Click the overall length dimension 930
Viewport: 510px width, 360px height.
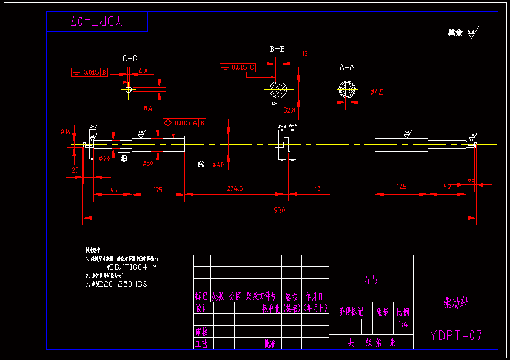279,210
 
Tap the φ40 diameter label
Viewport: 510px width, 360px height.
218,165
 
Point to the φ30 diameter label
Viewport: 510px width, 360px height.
147,164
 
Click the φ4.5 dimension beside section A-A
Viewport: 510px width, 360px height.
377,92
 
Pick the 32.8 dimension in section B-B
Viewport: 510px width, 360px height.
289,110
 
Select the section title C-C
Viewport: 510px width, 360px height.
130,59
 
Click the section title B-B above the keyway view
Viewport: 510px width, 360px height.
278,48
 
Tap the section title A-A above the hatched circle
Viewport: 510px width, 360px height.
347,67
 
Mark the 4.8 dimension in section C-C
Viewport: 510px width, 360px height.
143,72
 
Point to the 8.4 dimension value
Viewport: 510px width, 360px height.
148,109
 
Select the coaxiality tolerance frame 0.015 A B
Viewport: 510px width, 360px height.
184,122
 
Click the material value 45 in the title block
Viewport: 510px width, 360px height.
371,279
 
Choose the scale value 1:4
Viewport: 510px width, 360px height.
403,325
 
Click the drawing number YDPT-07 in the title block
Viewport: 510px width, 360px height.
455,335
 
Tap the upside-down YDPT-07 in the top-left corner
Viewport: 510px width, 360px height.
97,22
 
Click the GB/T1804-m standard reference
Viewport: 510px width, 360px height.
132,267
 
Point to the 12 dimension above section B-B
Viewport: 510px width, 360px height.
304,54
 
